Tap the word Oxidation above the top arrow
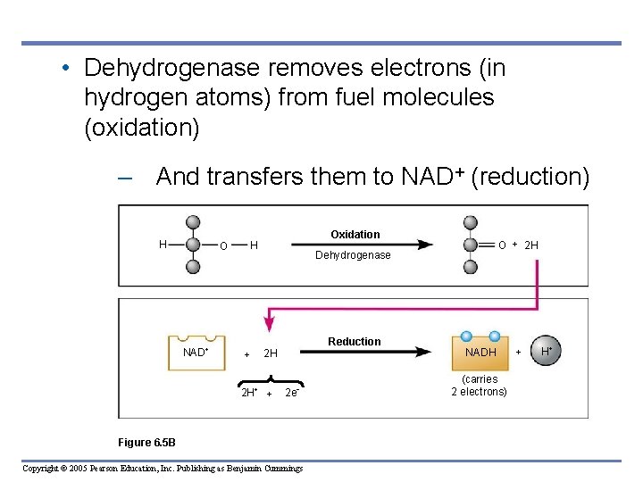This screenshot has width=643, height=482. [x=355, y=235]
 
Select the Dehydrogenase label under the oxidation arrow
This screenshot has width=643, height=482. [x=353, y=255]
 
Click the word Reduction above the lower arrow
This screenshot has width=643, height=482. [x=354, y=342]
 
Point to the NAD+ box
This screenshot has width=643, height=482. [x=196, y=352]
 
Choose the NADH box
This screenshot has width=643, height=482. [x=480, y=353]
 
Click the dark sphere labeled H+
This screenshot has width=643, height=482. [x=546, y=352]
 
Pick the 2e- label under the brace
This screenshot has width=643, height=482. [x=291, y=393]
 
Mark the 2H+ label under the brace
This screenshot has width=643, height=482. [x=249, y=393]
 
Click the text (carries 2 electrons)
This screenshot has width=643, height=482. [x=480, y=386]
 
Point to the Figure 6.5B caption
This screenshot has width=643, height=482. [x=146, y=442]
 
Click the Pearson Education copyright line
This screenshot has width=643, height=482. [x=163, y=469]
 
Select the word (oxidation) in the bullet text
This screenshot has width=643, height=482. [x=141, y=128]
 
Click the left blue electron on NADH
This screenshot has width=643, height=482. [x=466, y=336]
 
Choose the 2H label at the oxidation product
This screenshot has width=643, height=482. [x=530, y=245]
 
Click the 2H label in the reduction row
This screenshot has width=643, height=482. [x=271, y=353]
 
